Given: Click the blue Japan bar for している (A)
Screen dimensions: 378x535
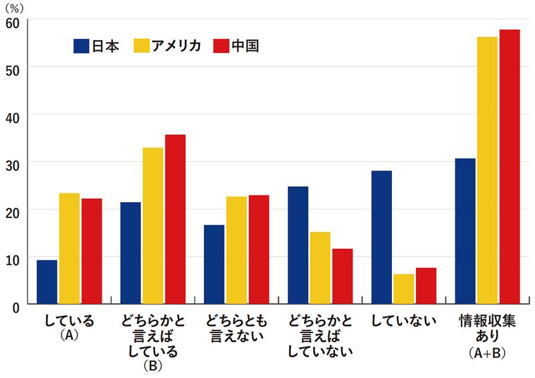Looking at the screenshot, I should coord(47,282).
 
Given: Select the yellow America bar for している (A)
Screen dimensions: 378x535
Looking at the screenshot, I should coord(69,248).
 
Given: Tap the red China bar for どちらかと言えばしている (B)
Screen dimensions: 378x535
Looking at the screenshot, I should coord(175,219).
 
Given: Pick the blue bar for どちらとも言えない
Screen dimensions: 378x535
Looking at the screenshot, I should coord(214,264).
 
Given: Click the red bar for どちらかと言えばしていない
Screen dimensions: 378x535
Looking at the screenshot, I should coord(342,276).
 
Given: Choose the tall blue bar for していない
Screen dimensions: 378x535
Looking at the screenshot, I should coord(382,238).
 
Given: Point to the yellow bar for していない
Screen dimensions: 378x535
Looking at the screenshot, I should coord(404,289).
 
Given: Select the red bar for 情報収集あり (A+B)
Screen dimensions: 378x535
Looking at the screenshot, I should coord(510,167).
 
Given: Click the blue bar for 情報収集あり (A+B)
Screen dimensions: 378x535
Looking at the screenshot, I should coord(465,231).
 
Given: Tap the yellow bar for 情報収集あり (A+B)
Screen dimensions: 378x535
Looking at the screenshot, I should coord(488,171).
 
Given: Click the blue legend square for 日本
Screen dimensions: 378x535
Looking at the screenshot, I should coord(81,47).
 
